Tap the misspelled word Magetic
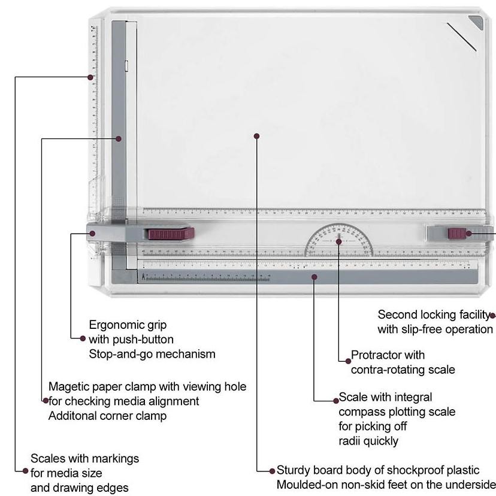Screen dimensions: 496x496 click(69, 387)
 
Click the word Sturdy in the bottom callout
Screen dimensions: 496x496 click(293, 470)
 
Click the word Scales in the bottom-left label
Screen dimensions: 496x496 click(48, 458)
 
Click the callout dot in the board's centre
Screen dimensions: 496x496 click(256, 136)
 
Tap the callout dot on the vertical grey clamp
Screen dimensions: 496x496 click(119, 138)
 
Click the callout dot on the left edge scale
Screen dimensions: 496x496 click(90, 77)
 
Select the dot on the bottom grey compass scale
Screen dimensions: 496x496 click(314, 277)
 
